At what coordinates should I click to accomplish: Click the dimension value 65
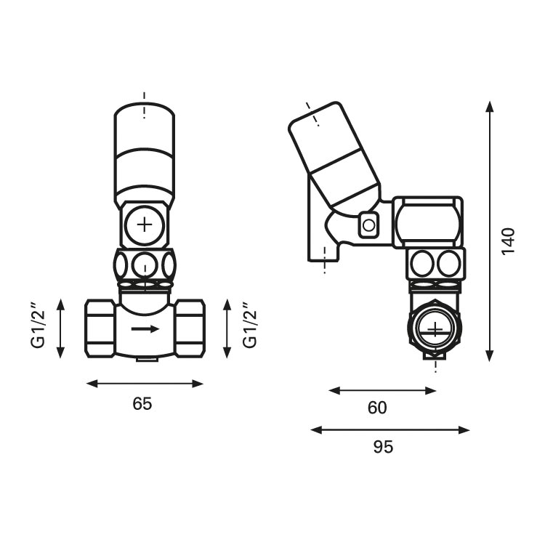(x=142, y=404)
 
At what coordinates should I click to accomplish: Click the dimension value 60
(x=377, y=408)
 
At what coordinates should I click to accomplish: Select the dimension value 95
(x=384, y=447)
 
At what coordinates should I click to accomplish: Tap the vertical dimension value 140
(x=508, y=241)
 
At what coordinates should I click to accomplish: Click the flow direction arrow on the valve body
(x=145, y=328)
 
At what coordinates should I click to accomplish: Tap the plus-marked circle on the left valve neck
(x=145, y=225)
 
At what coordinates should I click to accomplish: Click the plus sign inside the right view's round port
(x=435, y=328)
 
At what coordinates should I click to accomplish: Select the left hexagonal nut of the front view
(x=100, y=328)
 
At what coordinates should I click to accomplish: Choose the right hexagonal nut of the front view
(x=190, y=328)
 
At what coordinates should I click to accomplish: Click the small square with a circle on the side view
(x=368, y=225)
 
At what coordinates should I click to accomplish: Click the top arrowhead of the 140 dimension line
(x=489, y=107)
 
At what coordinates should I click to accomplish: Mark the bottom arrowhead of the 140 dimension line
(x=489, y=356)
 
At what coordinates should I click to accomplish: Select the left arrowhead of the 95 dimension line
(x=316, y=430)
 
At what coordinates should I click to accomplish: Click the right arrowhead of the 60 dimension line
(x=431, y=391)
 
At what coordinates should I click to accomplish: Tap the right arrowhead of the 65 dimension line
(x=198, y=384)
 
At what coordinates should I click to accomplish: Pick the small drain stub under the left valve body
(x=146, y=358)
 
